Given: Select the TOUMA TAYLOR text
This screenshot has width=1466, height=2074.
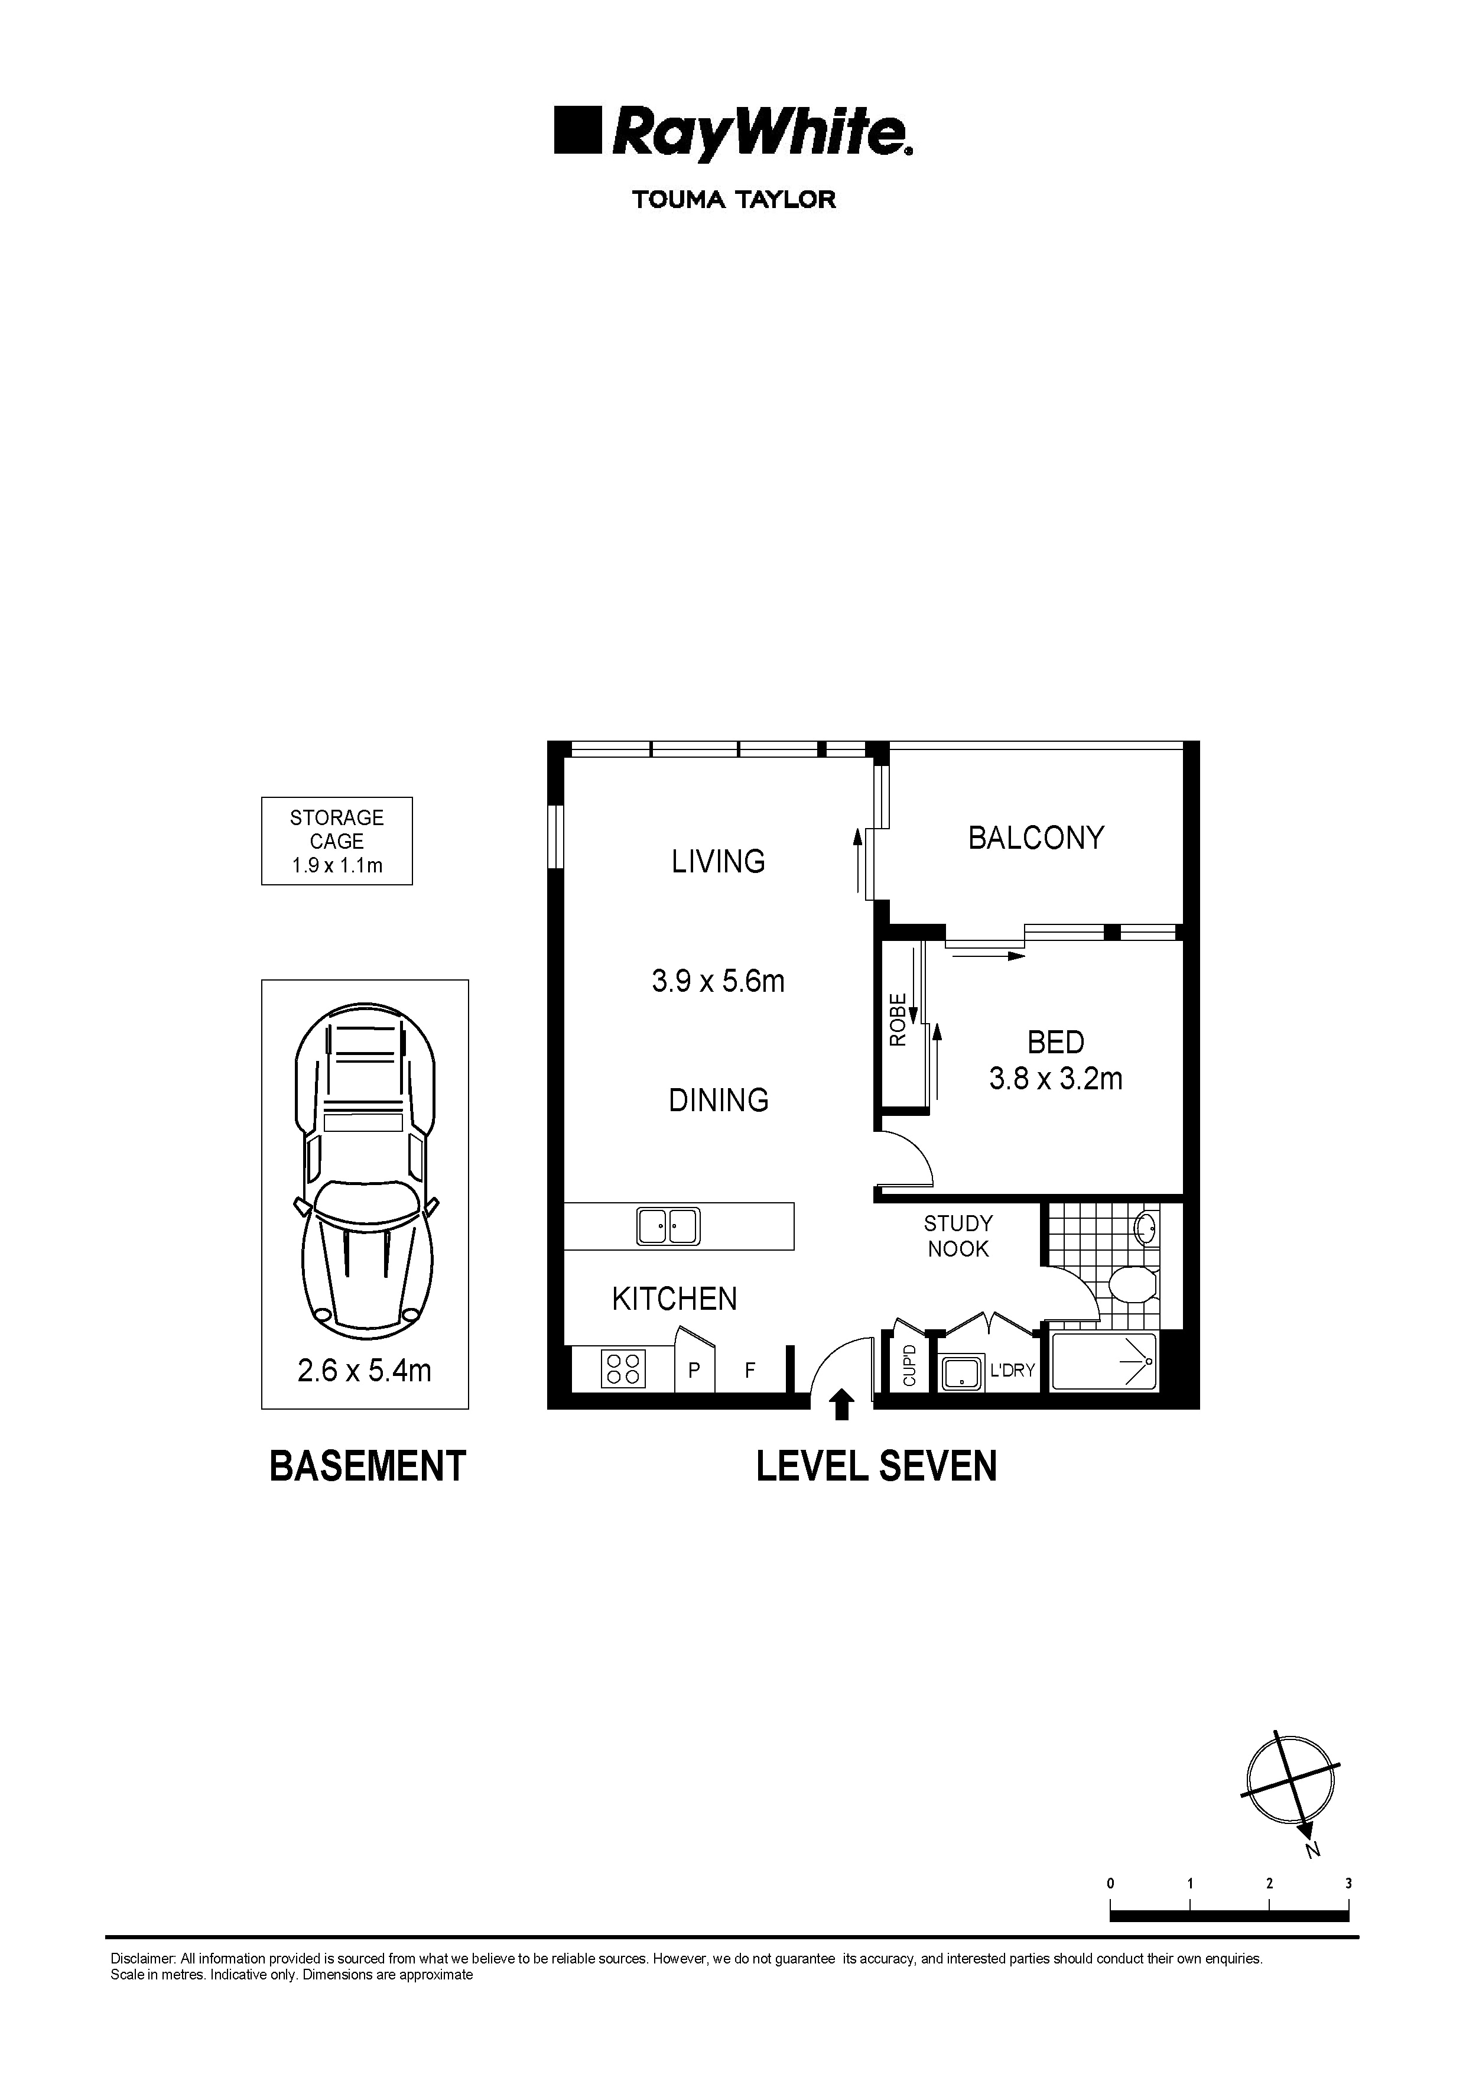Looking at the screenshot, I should (x=733, y=200).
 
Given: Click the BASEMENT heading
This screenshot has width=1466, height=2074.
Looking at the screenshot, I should (x=367, y=1465).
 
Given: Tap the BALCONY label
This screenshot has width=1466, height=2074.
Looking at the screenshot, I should (x=1035, y=838).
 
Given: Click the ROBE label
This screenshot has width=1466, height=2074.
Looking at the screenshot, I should (x=898, y=1019).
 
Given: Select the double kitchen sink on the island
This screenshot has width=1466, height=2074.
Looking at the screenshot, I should (x=668, y=1226).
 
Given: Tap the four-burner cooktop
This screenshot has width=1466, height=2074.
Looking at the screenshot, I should (x=622, y=1368).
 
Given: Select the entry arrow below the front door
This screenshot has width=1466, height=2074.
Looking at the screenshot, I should (x=842, y=1405).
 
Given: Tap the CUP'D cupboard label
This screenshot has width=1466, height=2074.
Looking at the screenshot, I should (x=909, y=1366).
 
